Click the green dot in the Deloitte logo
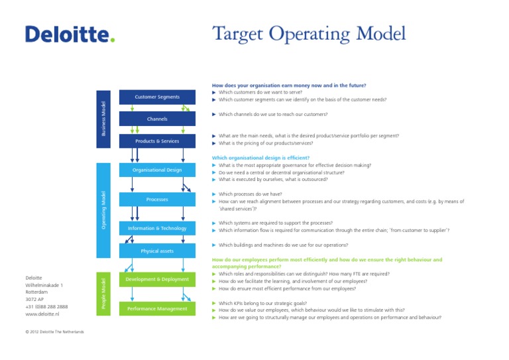pyautogui.click(x=113, y=40)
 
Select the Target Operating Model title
pyautogui.click(x=308, y=34)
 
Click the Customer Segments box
pyautogui.click(x=157, y=97)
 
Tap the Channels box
pyautogui.click(x=157, y=119)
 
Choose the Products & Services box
pyautogui.click(x=157, y=141)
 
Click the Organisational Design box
pyautogui.click(x=157, y=170)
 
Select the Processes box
pyautogui.click(x=157, y=200)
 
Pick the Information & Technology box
pyautogui.click(x=157, y=229)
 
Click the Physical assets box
pyautogui.click(x=157, y=251)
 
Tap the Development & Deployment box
pyautogui.click(x=157, y=280)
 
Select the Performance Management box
pyautogui.click(x=157, y=309)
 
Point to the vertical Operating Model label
pyautogui.click(x=103, y=210)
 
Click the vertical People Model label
pyautogui.click(x=103, y=294)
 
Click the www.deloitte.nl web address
pyautogui.click(x=42, y=314)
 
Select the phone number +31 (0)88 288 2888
pyautogui.click(x=46, y=307)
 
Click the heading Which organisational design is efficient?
pyautogui.click(x=260, y=158)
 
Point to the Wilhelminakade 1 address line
pyautogui.click(x=44, y=285)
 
